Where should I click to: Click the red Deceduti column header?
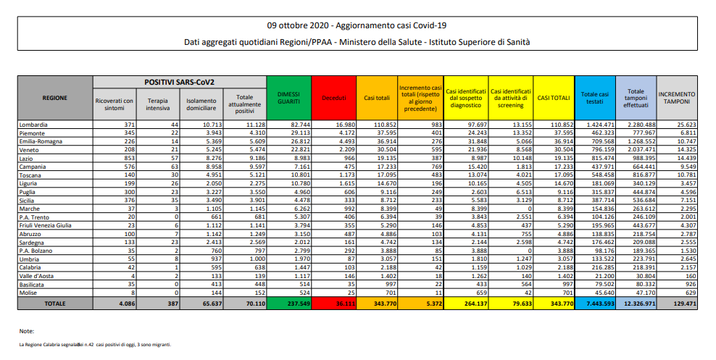click(x=334, y=97)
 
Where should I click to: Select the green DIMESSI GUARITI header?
click(x=288, y=97)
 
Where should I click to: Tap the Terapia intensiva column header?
click(x=156, y=104)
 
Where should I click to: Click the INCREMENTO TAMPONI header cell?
click(x=676, y=97)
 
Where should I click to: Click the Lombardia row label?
click(x=35, y=125)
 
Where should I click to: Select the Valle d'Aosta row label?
click(x=38, y=277)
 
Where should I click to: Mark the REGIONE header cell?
click(x=55, y=97)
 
